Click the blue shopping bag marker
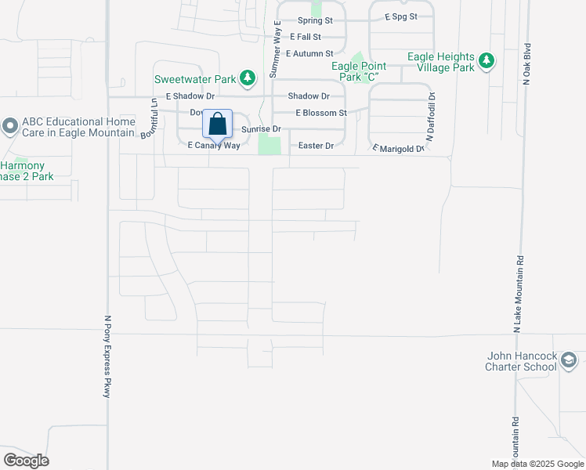(x=217, y=125)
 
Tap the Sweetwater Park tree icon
(x=248, y=78)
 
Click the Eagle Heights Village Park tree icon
(x=487, y=60)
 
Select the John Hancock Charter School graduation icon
(x=569, y=360)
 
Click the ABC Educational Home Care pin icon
(x=9, y=125)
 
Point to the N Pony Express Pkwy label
(x=107, y=356)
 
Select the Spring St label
(x=315, y=21)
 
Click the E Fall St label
(x=306, y=37)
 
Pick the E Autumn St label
(x=309, y=54)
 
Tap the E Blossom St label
(x=320, y=113)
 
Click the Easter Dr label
(x=317, y=146)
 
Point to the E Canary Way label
(x=213, y=146)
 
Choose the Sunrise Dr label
(x=260, y=128)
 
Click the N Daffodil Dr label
(x=431, y=116)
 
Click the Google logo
(x=26, y=460)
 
